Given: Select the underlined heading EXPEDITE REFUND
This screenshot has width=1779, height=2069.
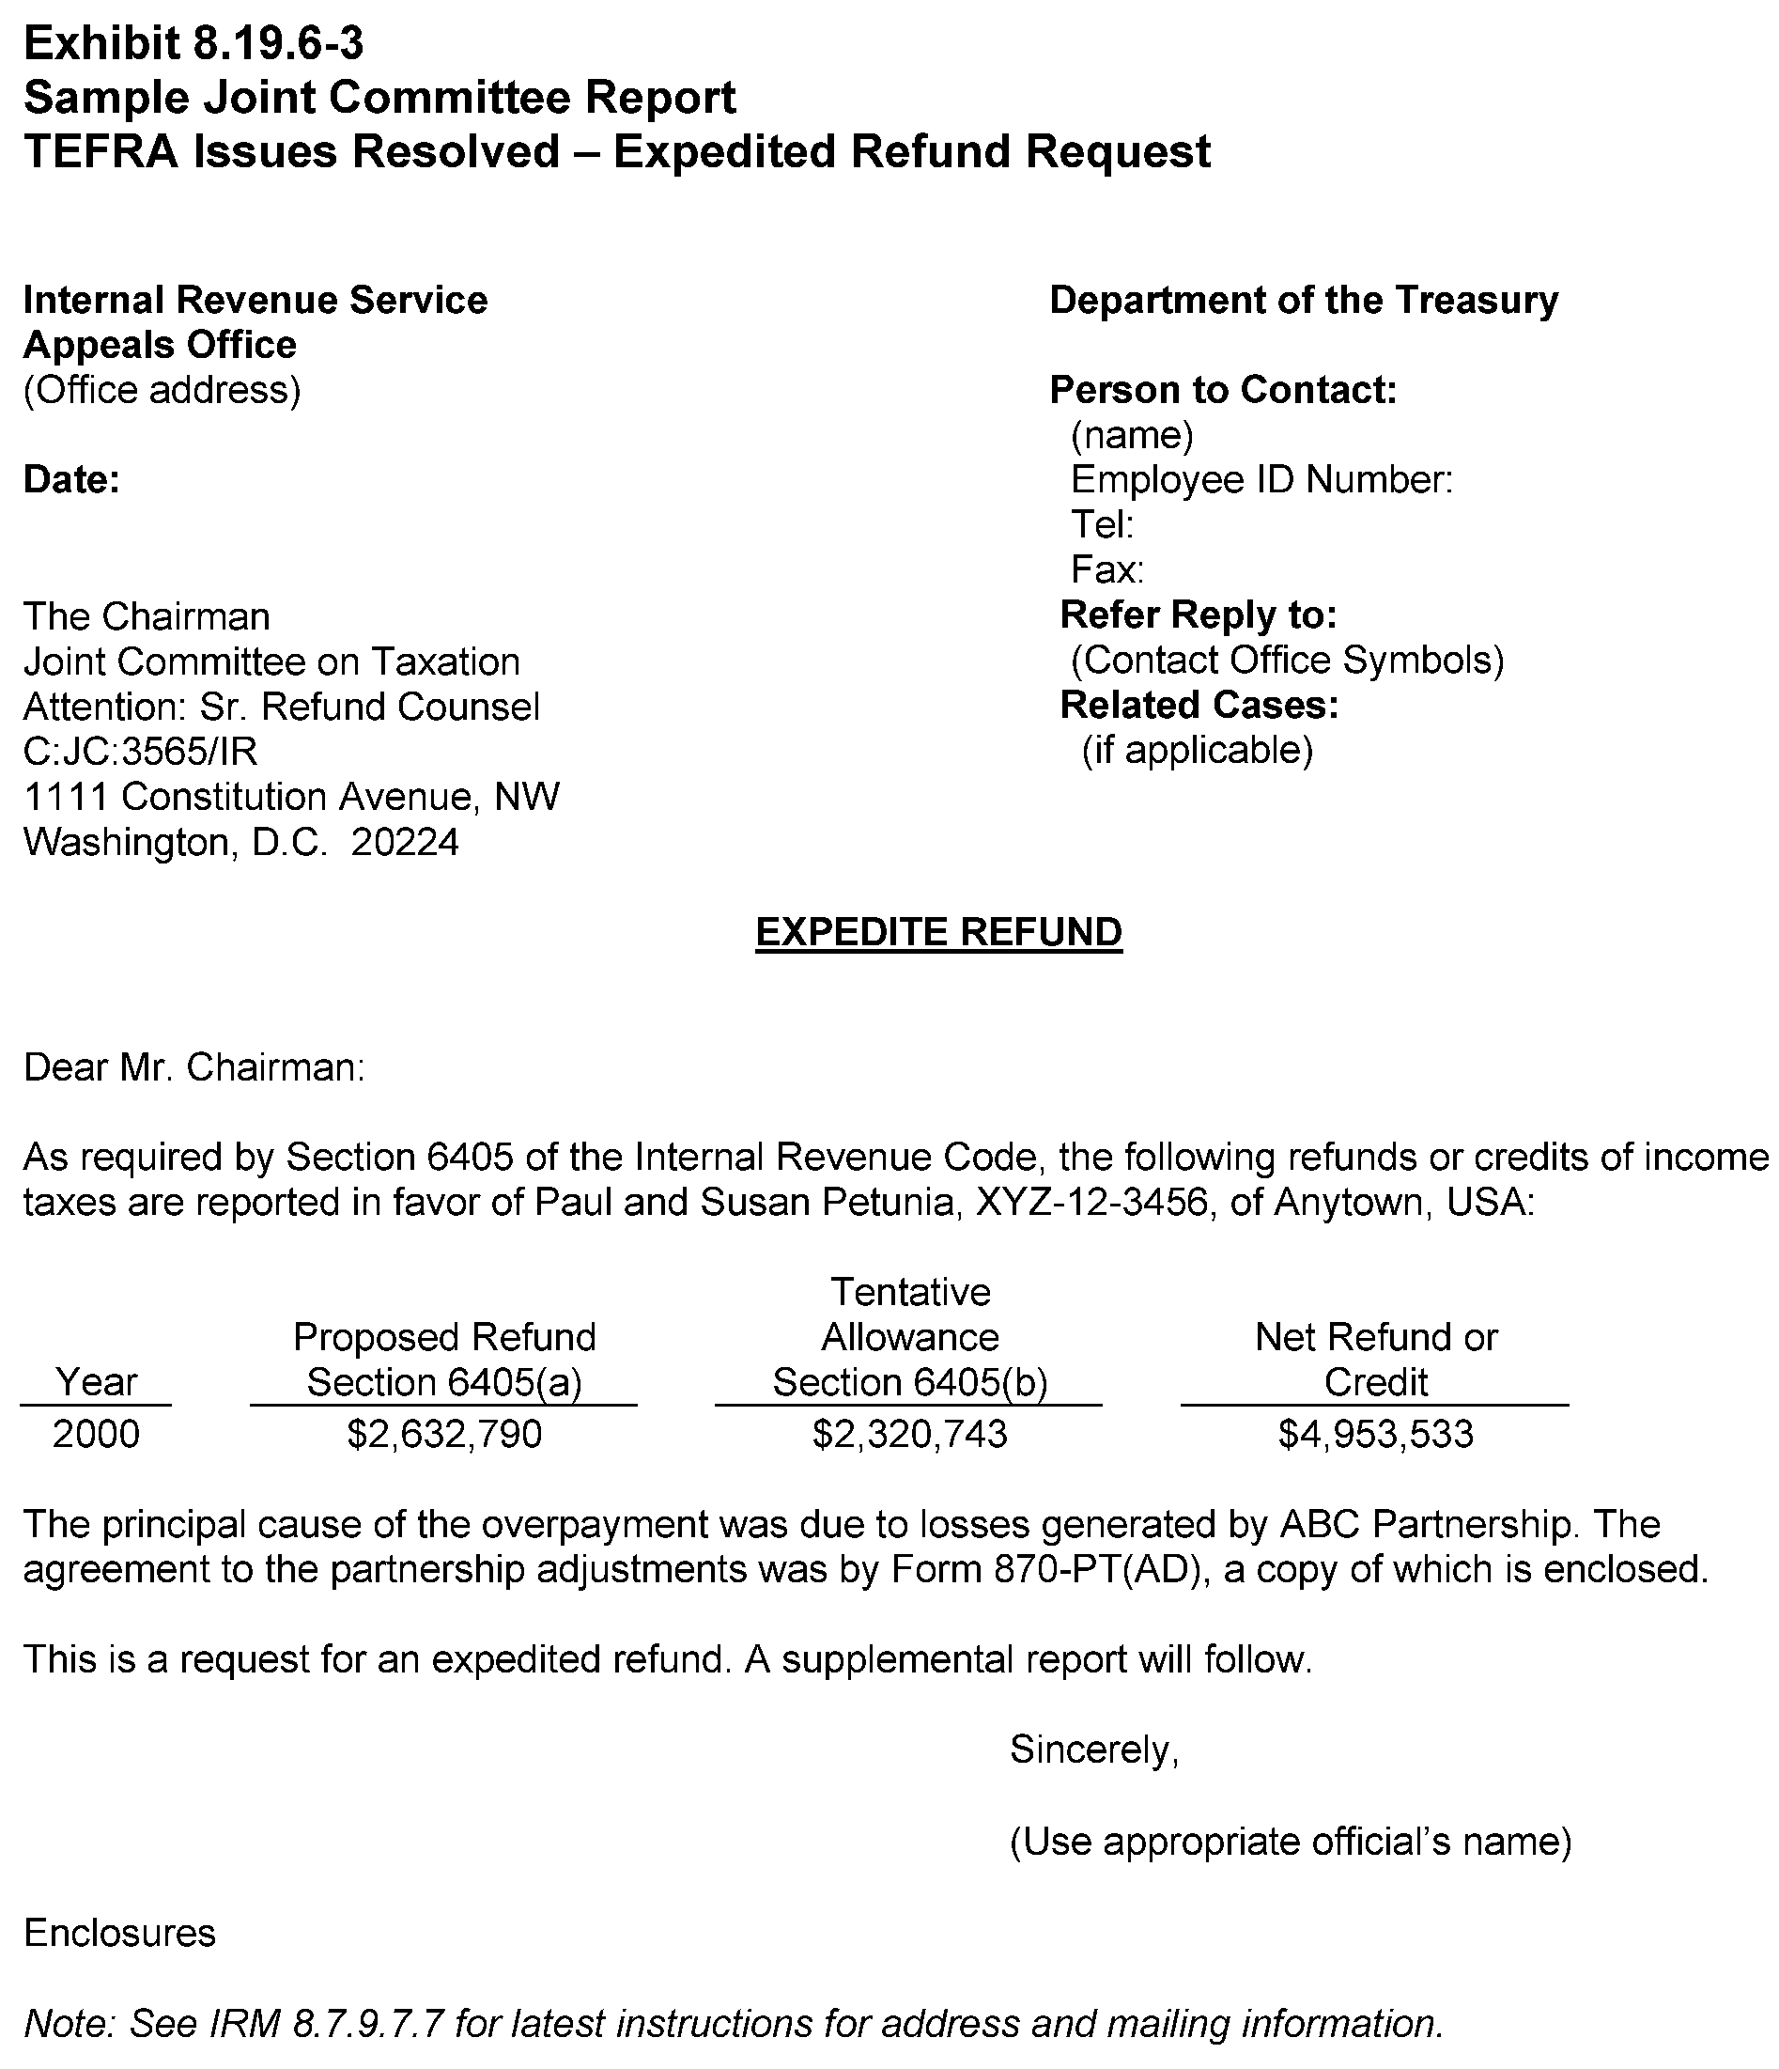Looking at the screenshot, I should [x=938, y=932].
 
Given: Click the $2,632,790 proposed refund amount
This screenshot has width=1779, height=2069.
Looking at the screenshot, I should [x=444, y=1435].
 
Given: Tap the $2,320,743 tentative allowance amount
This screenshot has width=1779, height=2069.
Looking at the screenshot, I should [x=909, y=1435].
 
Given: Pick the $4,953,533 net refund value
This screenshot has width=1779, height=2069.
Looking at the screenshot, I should [x=1375, y=1435].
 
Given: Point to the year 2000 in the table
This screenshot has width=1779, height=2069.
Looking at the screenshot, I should [x=96, y=1435].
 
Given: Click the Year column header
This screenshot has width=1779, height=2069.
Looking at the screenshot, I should [x=96, y=1382].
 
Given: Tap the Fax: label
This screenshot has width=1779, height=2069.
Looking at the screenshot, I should [x=1106, y=570].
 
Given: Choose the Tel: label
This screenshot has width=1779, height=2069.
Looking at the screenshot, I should [x=1101, y=524].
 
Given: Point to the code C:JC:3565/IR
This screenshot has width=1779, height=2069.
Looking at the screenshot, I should [x=141, y=752].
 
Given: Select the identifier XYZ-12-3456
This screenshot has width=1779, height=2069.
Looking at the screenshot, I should [x=1093, y=1203].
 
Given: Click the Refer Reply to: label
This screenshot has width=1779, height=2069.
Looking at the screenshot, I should [x=1198, y=615].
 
